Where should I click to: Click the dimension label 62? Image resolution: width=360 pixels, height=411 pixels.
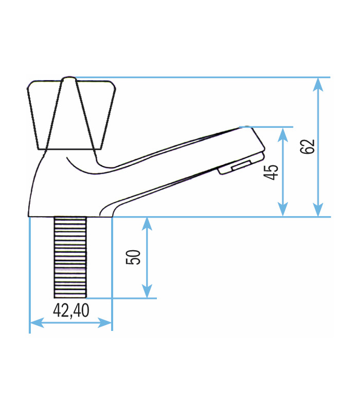click(307, 146)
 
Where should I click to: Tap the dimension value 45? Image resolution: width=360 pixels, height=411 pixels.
click(271, 172)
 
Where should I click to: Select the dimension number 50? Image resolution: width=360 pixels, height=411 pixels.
click(133, 257)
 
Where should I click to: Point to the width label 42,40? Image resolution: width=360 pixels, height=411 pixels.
click(71, 310)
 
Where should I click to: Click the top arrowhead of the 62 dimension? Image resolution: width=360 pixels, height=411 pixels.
click(318, 84)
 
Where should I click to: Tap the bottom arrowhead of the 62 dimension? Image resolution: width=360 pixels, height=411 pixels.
click(318, 210)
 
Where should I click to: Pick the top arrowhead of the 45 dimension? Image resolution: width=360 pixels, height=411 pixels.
click(282, 134)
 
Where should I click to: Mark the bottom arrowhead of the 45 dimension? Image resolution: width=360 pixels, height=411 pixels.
click(282, 210)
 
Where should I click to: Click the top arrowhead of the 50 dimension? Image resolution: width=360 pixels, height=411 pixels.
click(147, 224)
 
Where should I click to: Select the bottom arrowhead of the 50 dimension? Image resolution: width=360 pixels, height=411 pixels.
click(147, 291)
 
